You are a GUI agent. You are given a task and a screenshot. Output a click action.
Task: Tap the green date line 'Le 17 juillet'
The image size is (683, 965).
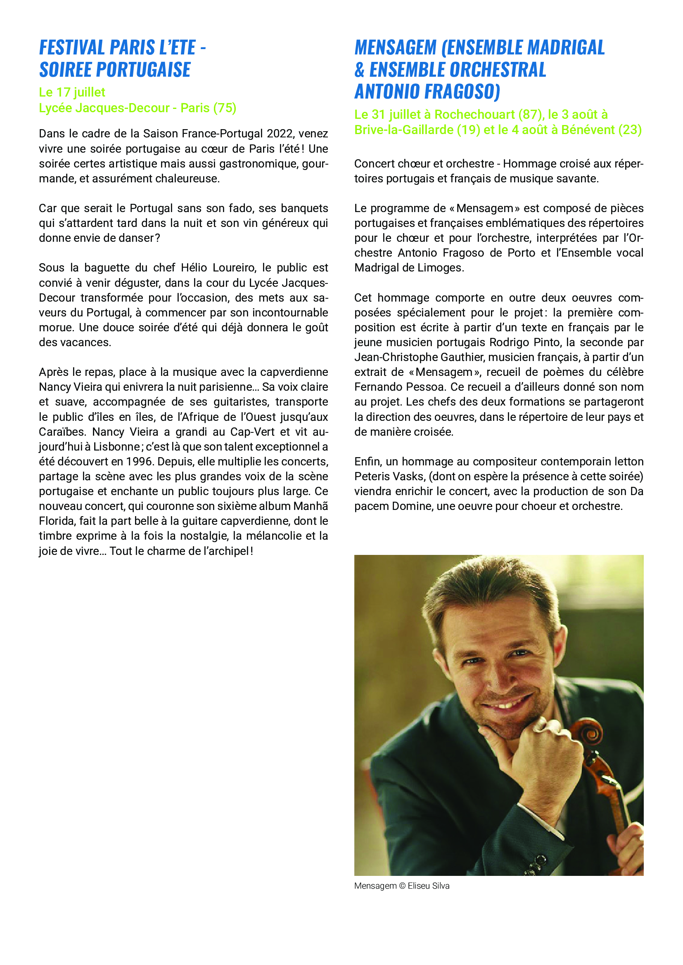tap(72, 92)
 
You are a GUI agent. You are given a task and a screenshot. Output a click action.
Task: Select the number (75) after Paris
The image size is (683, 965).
tap(225, 108)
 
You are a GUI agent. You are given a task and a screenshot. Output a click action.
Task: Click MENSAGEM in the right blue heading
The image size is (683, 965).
tap(395, 48)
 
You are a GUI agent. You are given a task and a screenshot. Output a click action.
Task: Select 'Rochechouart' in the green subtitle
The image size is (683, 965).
tap(474, 114)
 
